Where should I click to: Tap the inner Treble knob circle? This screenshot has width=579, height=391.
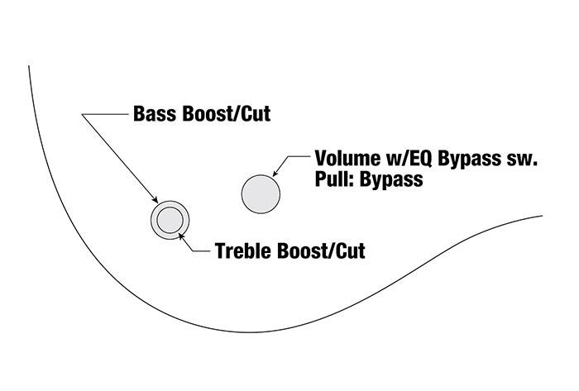click(x=170, y=220)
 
